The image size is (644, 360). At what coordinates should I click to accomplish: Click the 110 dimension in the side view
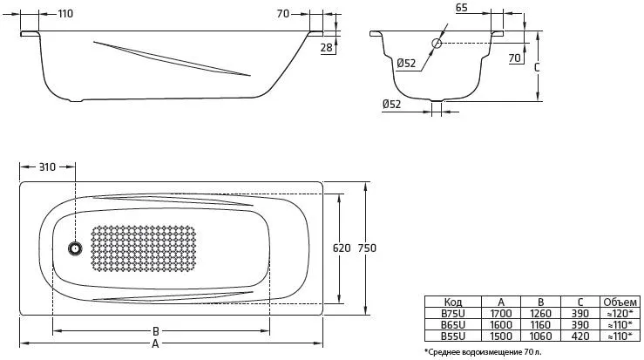coord(65,14)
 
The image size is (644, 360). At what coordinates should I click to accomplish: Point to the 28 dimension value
coord(327,48)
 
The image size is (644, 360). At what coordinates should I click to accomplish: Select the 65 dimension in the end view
coord(462,8)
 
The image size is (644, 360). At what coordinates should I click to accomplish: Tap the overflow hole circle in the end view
coord(437,44)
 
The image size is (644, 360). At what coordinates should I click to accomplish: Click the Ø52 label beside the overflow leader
coord(406,64)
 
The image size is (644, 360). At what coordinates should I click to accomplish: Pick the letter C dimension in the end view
coord(537,67)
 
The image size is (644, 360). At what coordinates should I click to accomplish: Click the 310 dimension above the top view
coord(47,166)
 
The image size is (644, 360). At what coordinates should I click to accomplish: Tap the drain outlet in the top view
coord(75,248)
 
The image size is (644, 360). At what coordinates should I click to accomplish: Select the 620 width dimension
coord(342,248)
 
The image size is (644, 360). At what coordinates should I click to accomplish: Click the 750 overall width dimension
coord(367,248)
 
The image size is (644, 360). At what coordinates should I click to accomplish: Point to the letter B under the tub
coord(156,331)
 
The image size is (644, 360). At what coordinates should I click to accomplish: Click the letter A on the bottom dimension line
coord(155,343)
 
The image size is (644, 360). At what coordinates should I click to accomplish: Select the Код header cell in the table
coord(453,302)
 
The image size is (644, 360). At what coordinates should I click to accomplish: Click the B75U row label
coord(453,314)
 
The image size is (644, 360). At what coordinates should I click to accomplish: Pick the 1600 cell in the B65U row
coord(501,324)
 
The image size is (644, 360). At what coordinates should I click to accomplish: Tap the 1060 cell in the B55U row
coord(540,336)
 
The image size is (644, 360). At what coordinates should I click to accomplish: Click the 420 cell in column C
coord(580,336)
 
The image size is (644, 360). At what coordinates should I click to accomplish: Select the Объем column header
coord(620,302)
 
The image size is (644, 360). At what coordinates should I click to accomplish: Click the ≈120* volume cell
coord(620,314)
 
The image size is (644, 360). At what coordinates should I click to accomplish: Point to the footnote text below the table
coord(483,352)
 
